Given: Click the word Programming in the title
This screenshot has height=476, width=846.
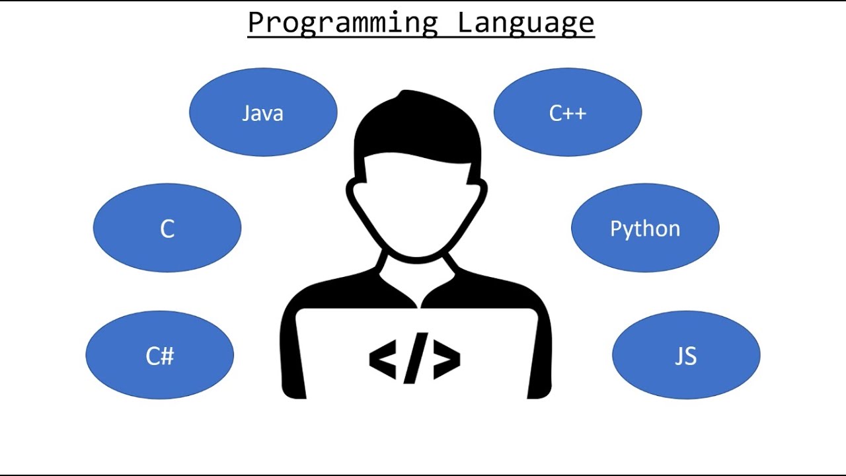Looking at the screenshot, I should coord(342,22).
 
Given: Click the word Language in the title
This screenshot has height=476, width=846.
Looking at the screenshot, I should coord(526,22).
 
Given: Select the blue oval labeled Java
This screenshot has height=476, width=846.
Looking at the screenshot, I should coord(263,112).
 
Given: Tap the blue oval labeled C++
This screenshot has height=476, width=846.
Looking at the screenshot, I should coord(568,112).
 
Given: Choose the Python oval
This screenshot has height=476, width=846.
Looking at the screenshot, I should coord(645,228).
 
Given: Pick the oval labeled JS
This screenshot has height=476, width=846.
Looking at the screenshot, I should coord(686,356).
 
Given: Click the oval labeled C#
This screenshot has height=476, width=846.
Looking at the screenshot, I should coord(159,356).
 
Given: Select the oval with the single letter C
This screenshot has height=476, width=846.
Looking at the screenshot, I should coord(167,229).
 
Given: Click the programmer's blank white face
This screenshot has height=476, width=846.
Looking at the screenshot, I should coord(416,205).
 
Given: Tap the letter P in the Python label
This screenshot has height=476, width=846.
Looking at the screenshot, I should coord(615,229).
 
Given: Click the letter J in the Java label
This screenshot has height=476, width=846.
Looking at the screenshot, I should coord(247,113).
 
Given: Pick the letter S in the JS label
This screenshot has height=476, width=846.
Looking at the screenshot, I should coord(691,356).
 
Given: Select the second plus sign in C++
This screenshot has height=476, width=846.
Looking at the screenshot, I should coord(580,114).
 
